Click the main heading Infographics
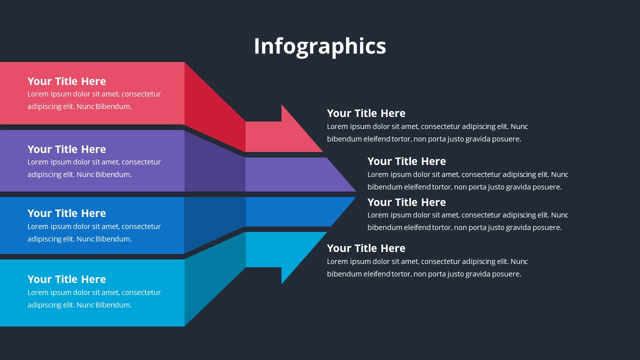(320, 46)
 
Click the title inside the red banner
(66, 81)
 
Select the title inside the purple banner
(66, 149)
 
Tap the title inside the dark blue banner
(66, 213)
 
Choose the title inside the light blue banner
(66, 279)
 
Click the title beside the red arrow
(366, 113)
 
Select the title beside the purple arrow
(406, 161)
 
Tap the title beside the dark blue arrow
(406, 202)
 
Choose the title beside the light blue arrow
(366, 248)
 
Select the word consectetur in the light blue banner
(141, 292)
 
